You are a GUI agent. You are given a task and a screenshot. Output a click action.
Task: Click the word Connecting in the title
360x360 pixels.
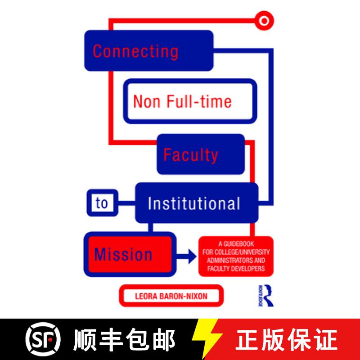click(135, 51)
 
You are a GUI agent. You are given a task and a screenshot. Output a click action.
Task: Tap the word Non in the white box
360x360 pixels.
click(145, 101)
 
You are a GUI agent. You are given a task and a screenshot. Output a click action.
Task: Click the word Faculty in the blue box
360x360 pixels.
click(190, 155)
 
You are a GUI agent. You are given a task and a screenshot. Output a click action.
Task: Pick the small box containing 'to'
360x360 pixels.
click(102, 203)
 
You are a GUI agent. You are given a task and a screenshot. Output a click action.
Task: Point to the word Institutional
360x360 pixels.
click(194, 204)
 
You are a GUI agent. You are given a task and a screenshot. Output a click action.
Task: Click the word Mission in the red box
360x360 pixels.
click(123, 255)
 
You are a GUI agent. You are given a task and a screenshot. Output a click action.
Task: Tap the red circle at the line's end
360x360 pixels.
click(263, 20)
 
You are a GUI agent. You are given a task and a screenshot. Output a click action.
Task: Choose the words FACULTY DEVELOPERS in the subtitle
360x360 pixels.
click(235, 269)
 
